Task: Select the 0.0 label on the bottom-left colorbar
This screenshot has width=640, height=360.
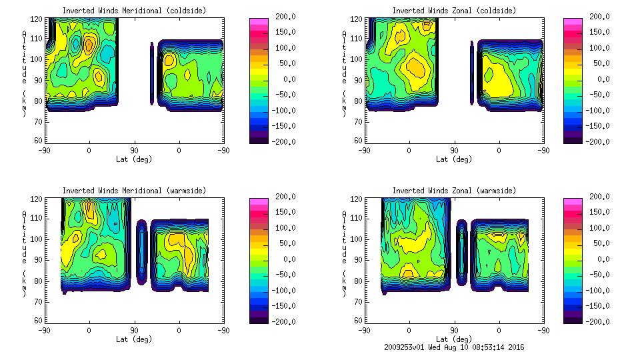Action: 289,259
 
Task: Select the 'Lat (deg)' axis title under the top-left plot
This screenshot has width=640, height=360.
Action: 134,159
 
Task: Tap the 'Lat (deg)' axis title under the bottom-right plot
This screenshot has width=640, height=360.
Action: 454,339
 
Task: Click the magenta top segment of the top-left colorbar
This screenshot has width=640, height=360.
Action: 258,21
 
